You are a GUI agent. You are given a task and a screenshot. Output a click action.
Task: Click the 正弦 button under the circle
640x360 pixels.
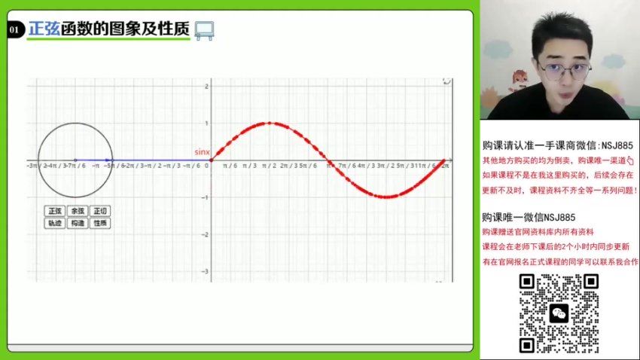coord(54,211)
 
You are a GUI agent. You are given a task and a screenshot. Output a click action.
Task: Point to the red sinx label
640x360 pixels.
coord(202,151)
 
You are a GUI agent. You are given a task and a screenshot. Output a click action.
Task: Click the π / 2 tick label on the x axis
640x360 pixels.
coord(269,165)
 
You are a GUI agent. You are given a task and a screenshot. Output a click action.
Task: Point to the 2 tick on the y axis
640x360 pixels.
coord(206,87)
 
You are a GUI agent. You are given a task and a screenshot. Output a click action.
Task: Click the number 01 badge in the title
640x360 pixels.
coord(14,30)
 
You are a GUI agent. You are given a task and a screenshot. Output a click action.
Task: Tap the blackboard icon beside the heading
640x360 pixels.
coord(203,30)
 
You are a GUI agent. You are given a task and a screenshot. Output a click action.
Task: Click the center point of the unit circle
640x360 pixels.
coord(75,160)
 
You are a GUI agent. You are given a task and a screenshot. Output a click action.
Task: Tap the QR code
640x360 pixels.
coord(559,313)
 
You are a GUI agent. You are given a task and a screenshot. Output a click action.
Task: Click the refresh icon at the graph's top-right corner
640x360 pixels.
coord(446,81)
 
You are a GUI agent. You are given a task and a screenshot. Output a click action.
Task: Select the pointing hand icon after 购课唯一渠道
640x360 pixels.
coord(630,160)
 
